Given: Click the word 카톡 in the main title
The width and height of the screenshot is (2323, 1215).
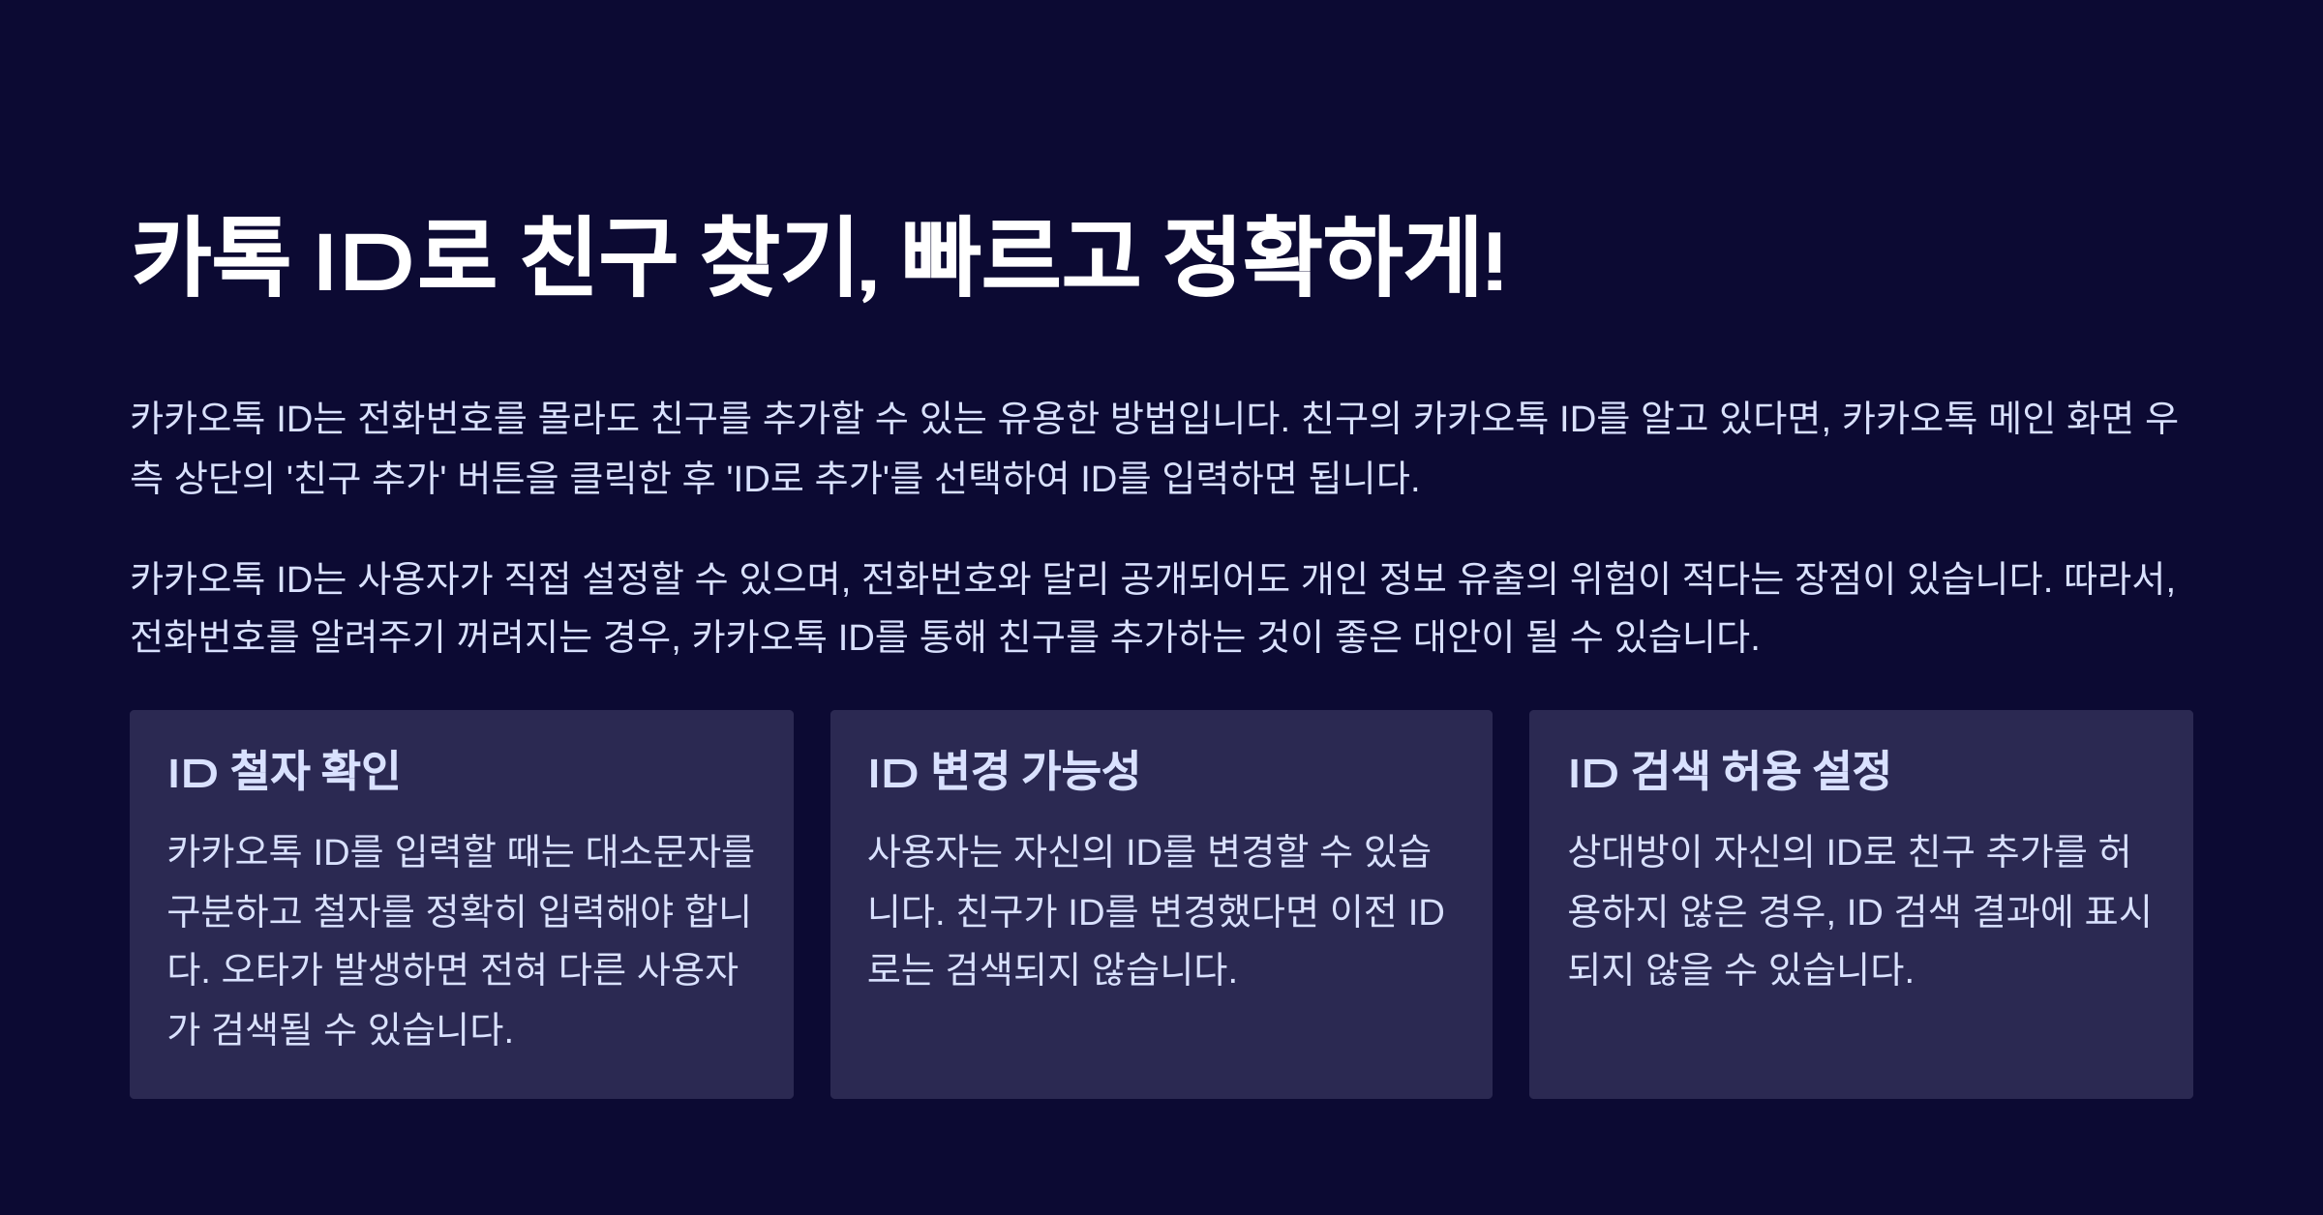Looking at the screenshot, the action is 209,256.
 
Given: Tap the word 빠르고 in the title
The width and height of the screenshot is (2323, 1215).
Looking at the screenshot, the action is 1020,256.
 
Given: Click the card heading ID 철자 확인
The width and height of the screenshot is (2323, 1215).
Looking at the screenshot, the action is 284,771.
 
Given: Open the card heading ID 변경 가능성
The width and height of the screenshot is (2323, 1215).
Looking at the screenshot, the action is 1004,771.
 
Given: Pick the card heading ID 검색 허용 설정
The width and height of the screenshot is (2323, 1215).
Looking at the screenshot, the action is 1729,771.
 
